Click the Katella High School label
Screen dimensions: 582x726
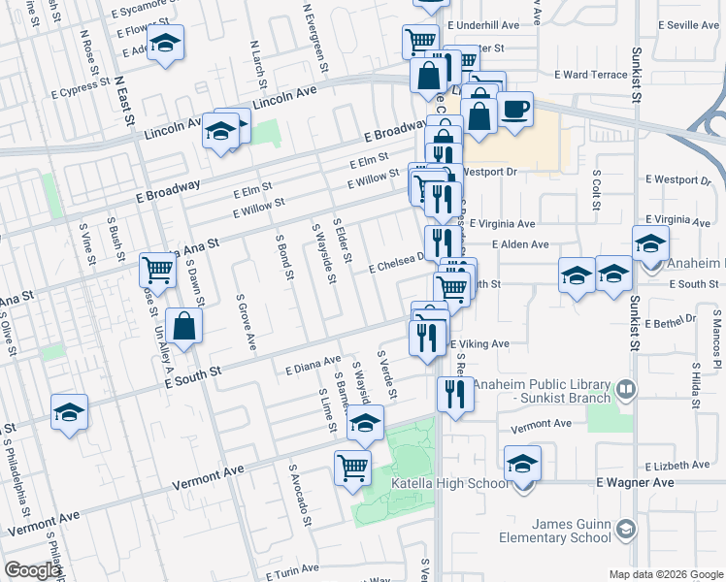click(448, 483)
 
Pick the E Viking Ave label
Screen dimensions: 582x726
click(479, 343)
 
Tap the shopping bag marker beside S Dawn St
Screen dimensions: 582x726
click(184, 326)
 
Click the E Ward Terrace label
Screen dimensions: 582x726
click(591, 74)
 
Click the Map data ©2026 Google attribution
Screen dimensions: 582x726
click(665, 574)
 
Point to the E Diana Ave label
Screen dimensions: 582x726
click(313, 366)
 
